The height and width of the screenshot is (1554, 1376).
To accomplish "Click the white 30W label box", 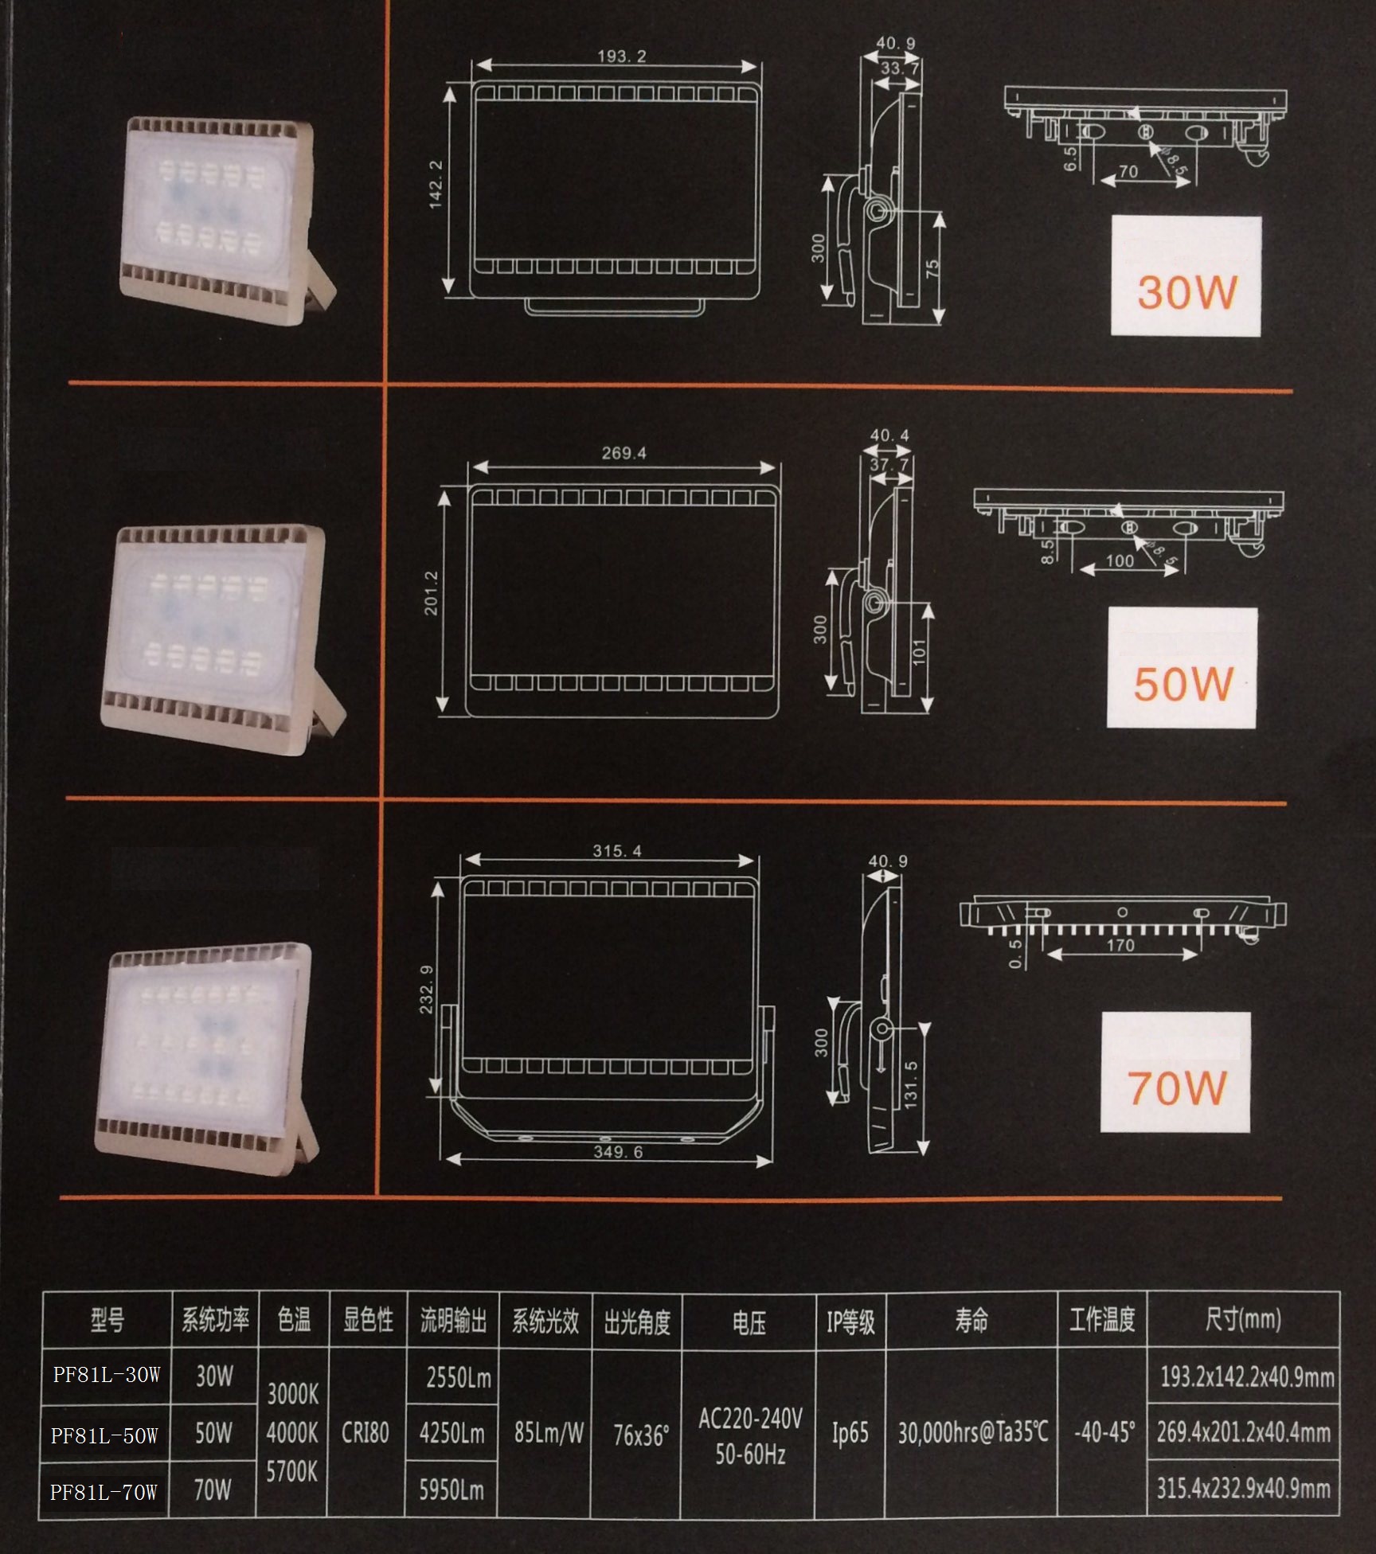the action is [1186, 275].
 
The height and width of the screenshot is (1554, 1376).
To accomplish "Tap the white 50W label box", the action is [1182, 667].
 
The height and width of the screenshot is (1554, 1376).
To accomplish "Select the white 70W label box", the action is [1175, 1072].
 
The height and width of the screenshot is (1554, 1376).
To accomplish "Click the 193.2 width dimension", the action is [622, 57].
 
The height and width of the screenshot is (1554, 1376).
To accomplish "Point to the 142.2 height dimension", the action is [436, 185].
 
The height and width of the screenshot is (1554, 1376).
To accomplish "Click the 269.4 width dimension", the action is [623, 453].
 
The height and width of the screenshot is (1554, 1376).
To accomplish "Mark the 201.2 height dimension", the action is [431, 592].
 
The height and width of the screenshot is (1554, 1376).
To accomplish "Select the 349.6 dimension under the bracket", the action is [617, 1152].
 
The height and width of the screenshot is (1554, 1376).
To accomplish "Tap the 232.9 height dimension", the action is [426, 990].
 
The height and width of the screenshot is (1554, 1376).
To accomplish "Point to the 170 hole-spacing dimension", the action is [1120, 945].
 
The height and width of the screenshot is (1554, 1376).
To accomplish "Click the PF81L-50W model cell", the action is [104, 1435].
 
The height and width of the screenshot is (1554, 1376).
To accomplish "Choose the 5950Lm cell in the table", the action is [451, 1490].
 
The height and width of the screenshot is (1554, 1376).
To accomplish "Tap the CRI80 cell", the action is [365, 1433].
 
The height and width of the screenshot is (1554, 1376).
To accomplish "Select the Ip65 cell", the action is [850, 1433].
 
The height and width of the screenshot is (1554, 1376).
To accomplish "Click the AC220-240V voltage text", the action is [750, 1418].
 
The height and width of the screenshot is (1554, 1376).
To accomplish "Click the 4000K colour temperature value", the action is [292, 1433].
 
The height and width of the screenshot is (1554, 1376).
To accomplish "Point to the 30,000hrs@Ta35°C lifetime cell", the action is [972, 1433].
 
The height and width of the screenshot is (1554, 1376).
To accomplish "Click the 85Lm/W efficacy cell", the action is [549, 1433].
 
